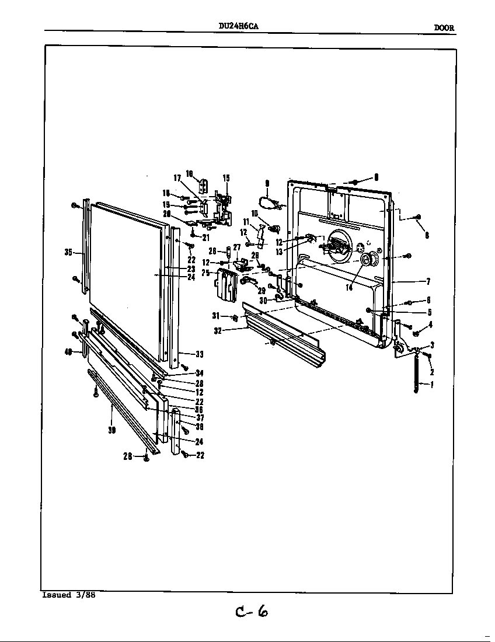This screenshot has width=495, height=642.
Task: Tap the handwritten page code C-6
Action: (x=252, y=611)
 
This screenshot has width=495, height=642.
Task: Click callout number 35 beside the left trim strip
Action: (x=68, y=253)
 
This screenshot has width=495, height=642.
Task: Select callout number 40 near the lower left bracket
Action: (x=68, y=351)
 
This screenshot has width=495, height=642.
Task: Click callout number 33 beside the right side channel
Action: (x=198, y=354)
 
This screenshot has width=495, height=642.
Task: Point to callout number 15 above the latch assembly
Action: (x=226, y=178)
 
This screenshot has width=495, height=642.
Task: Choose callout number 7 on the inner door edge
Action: (x=428, y=281)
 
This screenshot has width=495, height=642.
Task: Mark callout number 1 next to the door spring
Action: (x=431, y=385)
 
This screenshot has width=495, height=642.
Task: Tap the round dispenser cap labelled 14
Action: (x=369, y=260)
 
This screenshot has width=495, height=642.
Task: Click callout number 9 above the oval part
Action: (x=267, y=183)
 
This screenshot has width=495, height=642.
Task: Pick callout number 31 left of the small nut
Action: (x=217, y=316)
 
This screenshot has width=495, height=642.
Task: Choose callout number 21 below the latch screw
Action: (x=205, y=238)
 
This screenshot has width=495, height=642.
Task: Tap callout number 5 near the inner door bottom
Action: (x=429, y=312)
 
